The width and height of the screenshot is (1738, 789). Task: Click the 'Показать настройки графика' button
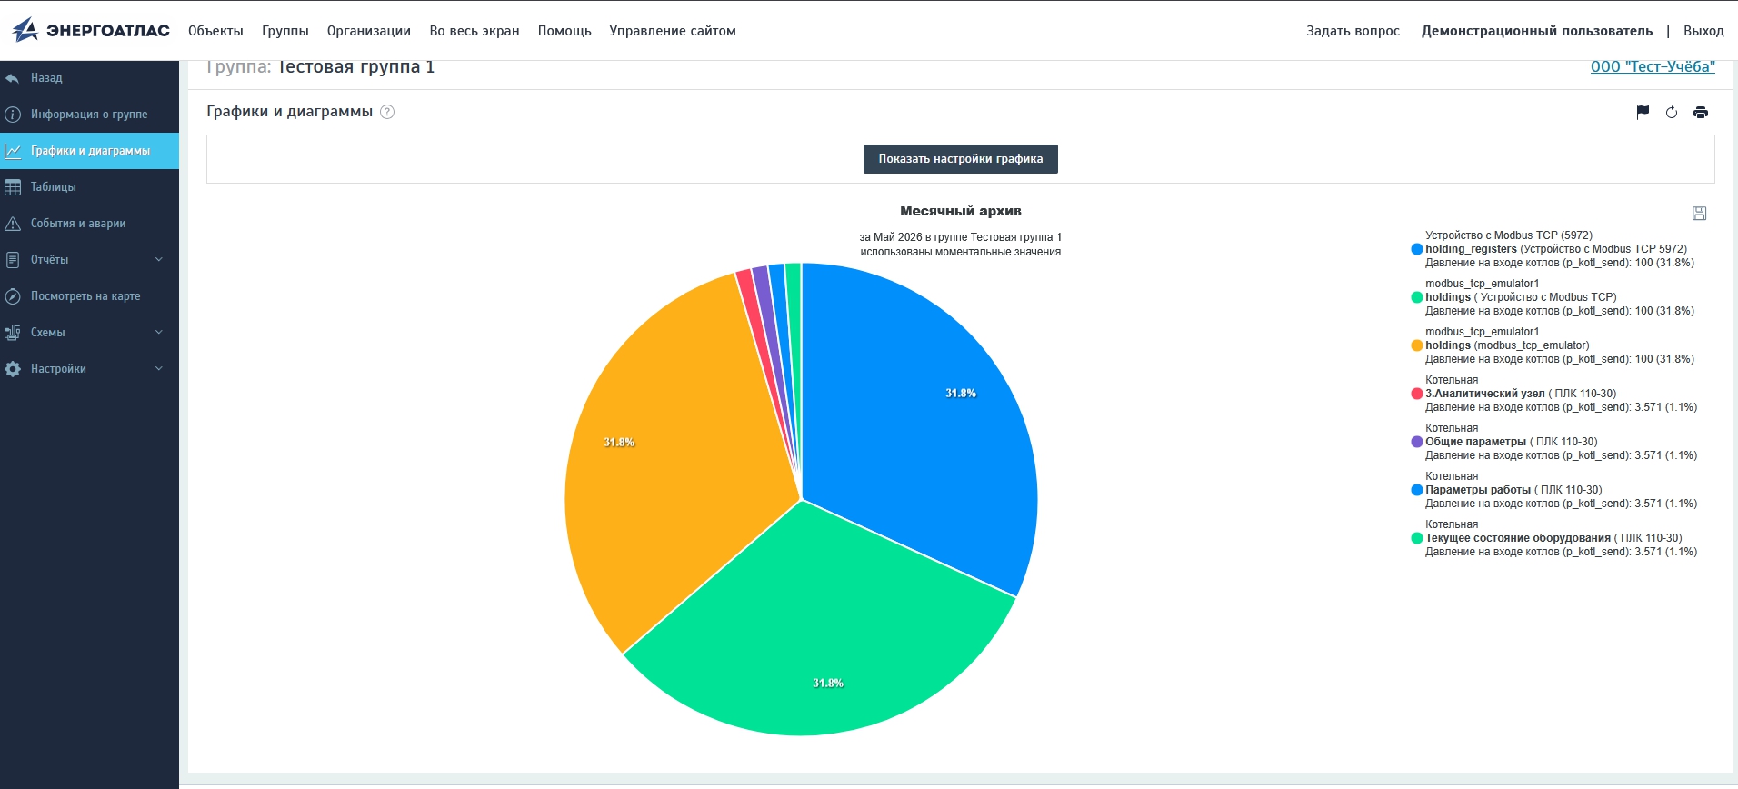point(960,158)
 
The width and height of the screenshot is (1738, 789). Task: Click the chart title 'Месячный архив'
point(961,211)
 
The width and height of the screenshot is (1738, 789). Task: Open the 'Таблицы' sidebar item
point(54,187)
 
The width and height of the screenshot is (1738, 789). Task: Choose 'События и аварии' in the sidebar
point(78,224)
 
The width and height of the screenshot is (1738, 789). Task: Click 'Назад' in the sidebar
point(46,78)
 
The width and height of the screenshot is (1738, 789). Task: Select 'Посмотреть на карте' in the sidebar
point(85,296)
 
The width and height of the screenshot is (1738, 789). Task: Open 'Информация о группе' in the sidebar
point(89,115)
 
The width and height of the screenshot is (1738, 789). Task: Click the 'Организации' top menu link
point(369,31)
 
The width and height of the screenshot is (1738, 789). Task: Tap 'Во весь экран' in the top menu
point(474,31)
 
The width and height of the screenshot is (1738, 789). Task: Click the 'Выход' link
point(1703,31)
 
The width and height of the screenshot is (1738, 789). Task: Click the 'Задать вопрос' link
point(1353,31)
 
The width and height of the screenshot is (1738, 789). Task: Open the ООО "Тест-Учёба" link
point(1653,66)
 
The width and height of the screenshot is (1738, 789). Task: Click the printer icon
point(1701,113)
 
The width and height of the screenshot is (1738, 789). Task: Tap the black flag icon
point(1643,113)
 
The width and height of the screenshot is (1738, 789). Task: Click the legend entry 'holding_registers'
point(1471,249)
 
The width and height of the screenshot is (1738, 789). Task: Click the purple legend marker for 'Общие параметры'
point(1416,442)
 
